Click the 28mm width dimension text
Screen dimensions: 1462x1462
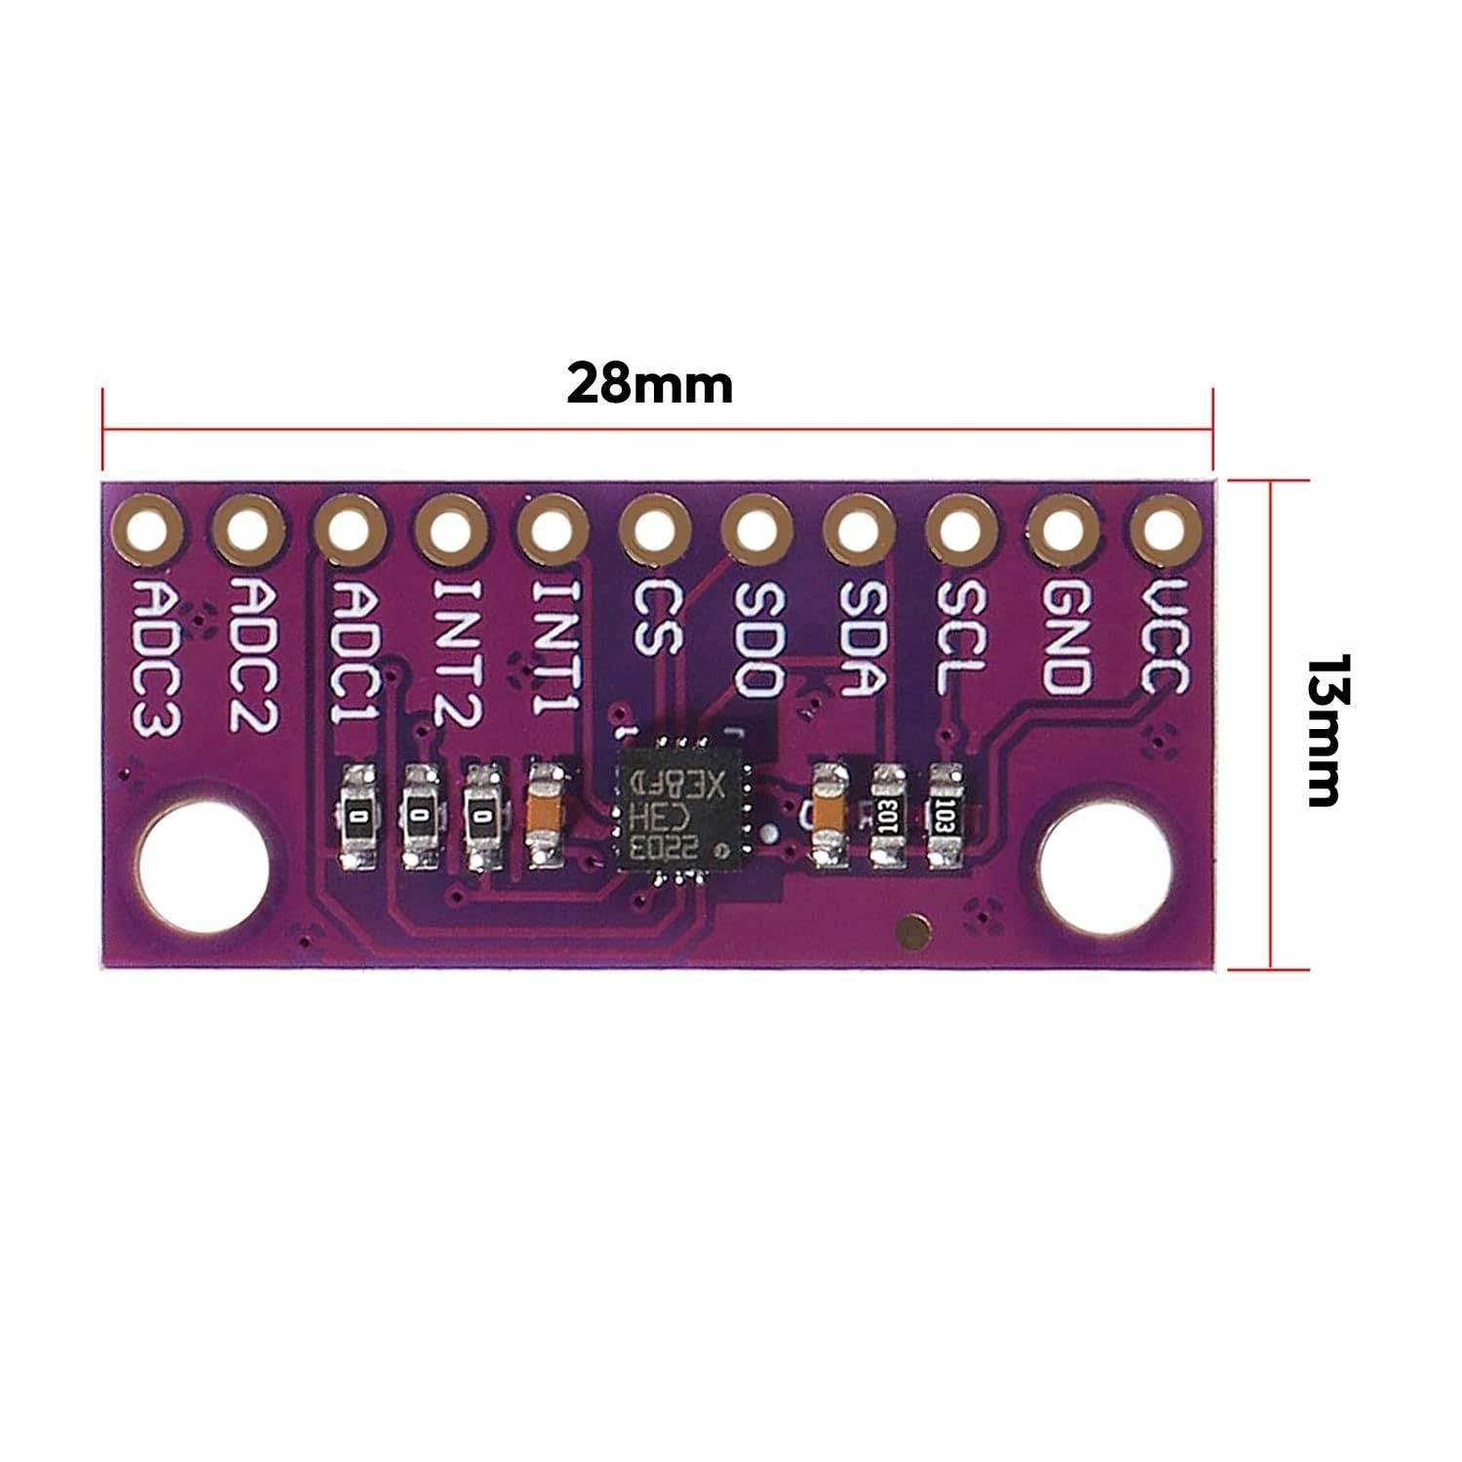pos(649,384)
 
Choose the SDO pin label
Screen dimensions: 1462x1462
pos(756,638)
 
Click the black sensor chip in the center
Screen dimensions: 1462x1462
pos(678,808)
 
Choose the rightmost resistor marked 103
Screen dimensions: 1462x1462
pos(943,817)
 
